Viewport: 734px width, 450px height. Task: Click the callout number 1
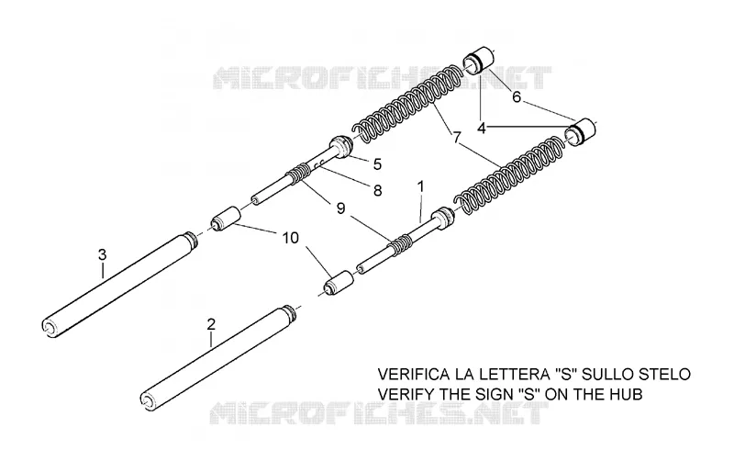420,187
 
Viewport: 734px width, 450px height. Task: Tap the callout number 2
211,324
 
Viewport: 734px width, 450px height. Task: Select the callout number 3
102,254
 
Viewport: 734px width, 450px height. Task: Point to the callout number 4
482,128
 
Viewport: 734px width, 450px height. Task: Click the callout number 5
377,164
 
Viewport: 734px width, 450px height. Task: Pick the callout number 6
517,97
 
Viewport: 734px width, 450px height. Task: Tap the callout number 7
456,138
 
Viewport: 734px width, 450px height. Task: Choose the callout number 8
377,190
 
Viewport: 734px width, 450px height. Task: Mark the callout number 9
340,208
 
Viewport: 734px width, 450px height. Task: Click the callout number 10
290,238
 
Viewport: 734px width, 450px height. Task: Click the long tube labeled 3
118,285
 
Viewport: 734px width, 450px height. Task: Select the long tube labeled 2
218,358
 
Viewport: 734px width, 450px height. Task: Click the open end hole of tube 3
49,327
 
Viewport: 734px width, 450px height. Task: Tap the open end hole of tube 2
148,399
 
